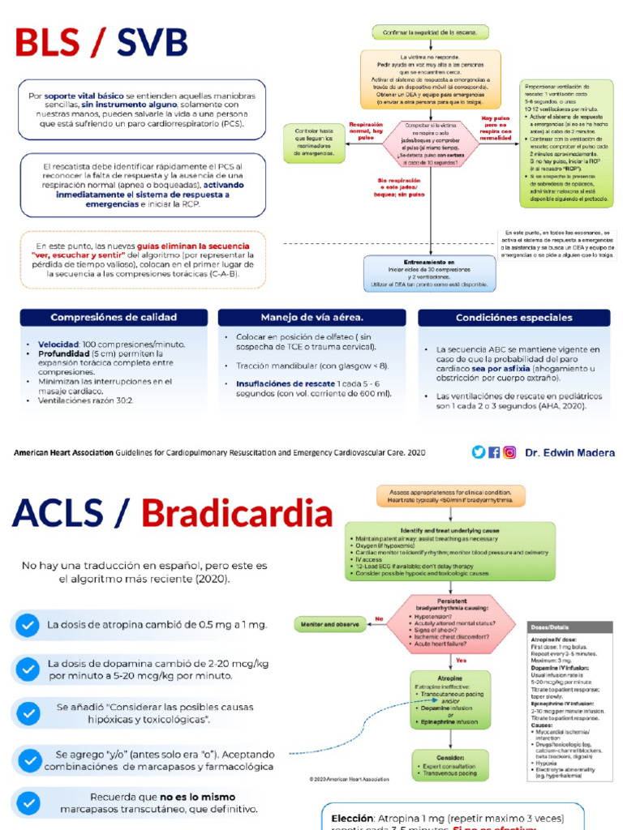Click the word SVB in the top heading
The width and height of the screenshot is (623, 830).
click(152, 43)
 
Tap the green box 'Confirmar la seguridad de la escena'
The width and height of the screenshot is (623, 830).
click(430, 32)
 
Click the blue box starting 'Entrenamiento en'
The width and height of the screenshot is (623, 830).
click(430, 274)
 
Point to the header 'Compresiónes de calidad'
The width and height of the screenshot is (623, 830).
click(113, 318)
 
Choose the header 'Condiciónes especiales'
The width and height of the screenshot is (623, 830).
click(515, 318)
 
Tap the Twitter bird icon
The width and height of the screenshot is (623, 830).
click(479, 452)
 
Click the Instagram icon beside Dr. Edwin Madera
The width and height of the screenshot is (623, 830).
click(509, 452)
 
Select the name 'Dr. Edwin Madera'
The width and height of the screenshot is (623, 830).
click(569, 453)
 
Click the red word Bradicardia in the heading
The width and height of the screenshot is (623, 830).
click(237, 514)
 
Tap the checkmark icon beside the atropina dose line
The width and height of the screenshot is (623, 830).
click(28, 625)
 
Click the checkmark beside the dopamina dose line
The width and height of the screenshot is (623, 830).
click(28, 670)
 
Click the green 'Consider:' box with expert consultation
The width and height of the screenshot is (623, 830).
click(449, 762)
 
